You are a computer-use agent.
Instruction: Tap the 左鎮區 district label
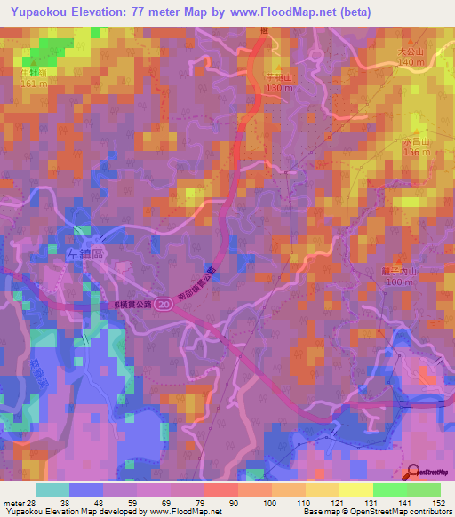tap(86, 253)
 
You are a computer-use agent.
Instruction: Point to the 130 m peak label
tap(278, 88)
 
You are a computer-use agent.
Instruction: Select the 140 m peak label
tap(411, 62)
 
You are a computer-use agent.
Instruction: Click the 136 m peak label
tap(417, 152)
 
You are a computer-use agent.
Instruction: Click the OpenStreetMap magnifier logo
tap(413, 473)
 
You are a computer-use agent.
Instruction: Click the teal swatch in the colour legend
tap(52, 489)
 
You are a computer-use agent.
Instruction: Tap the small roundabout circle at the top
tap(315, 56)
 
